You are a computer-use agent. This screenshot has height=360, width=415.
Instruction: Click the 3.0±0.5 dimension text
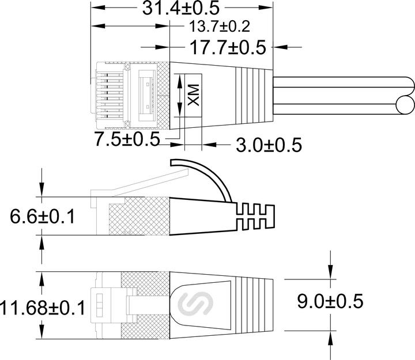point(269,145)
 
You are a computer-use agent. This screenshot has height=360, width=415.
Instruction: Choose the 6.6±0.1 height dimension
point(43,217)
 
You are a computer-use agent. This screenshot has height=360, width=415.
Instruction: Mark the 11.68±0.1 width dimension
point(43,308)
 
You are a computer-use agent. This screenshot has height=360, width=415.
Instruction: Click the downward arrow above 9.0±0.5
point(330,271)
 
